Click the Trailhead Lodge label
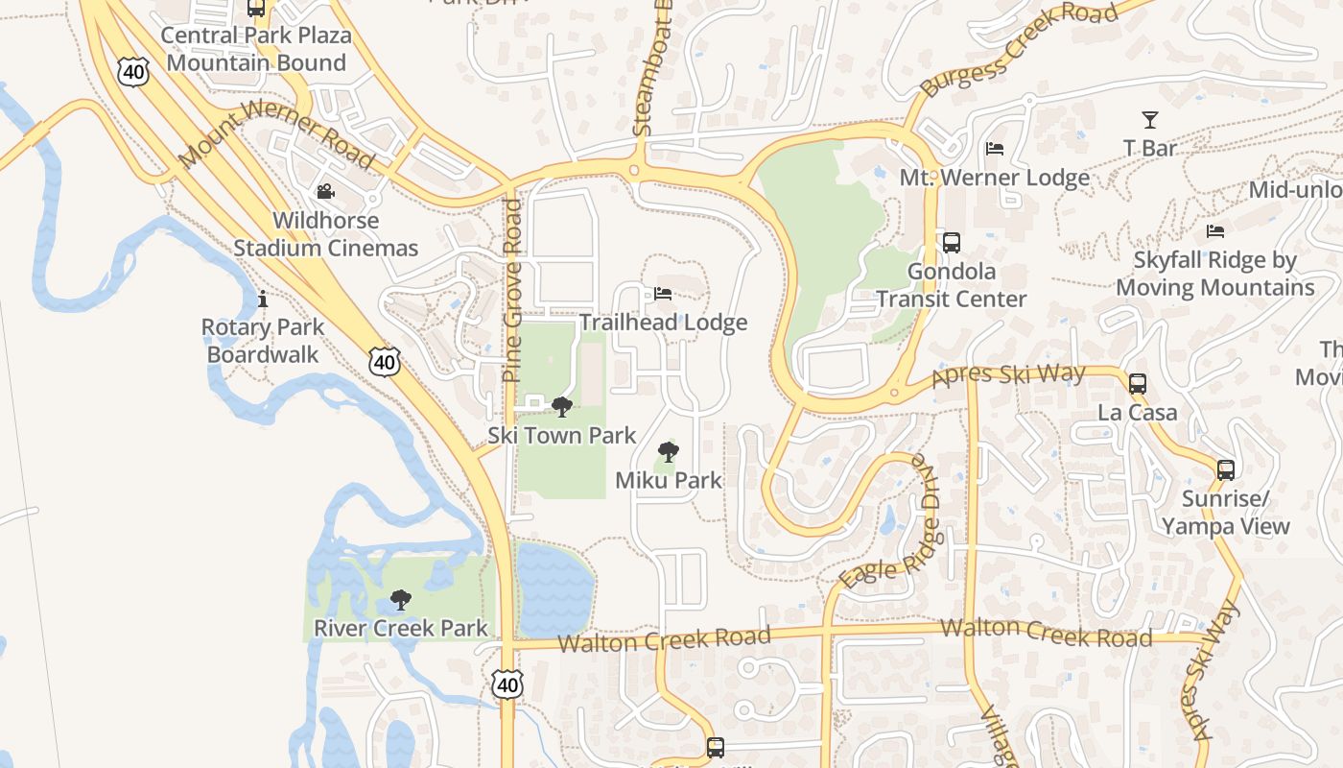click(663, 323)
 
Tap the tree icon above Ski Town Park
click(562, 407)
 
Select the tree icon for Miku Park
click(668, 452)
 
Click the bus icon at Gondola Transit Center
click(952, 243)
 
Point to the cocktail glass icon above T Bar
click(1150, 120)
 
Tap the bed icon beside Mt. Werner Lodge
click(995, 149)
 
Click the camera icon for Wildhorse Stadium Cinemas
click(326, 191)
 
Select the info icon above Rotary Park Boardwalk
click(263, 300)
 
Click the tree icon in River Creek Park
click(401, 601)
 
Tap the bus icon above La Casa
click(1138, 384)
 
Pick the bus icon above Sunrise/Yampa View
click(1226, 470)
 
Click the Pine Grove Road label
click(513, 291)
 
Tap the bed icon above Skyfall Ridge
click(1215, 231)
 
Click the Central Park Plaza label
click(256, 36)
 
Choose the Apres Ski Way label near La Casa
click(1008, 375)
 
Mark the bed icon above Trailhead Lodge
click(663, 294)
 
